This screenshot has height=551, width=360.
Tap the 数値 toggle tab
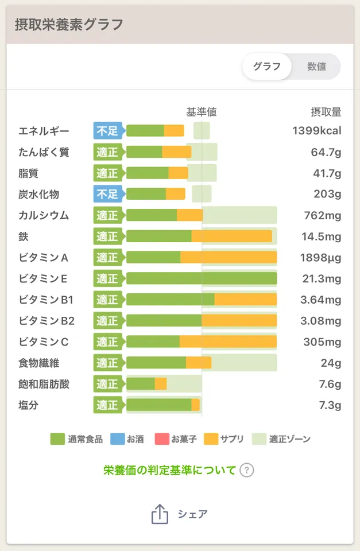point(316,67)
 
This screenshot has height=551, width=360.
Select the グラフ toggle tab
point(267,67)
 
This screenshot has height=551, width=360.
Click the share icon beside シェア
point(160,514)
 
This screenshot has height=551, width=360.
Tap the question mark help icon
point(247,471)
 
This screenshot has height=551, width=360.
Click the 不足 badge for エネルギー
point(107,131)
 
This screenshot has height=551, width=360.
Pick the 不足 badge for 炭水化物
point(107,194)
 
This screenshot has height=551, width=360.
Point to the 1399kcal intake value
point(316,131)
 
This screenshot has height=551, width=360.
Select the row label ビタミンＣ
point(44,342)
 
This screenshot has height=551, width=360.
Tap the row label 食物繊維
point(39,363)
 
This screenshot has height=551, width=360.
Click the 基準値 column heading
point(201,112)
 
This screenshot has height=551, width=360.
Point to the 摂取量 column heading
point(326,112)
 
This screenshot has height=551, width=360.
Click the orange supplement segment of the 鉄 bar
point(231,236)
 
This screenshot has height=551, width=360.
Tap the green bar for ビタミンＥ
point(201,278)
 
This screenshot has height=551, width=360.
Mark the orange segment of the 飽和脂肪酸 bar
point(161,384)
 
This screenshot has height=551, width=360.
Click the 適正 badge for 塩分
point(107,405)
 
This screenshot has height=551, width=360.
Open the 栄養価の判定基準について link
point(169,471)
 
